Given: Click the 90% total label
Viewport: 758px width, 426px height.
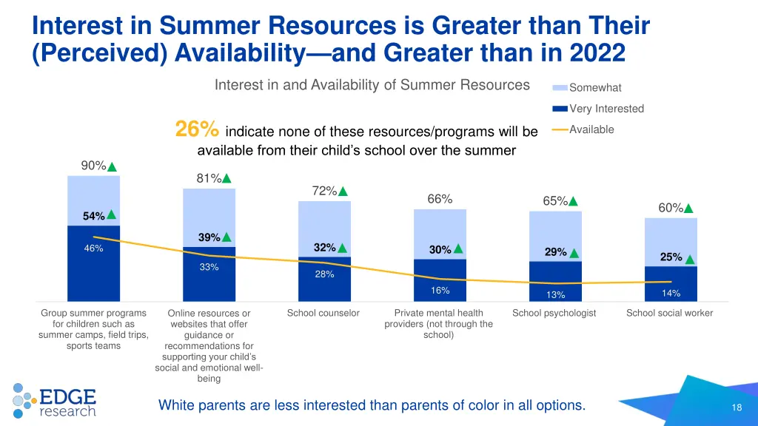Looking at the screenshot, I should click(93, 166).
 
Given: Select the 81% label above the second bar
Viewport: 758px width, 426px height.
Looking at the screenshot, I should click(209, 178).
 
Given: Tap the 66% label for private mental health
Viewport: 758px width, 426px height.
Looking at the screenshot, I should click(440, 199).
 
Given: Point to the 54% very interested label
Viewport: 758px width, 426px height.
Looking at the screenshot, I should click(93, 216).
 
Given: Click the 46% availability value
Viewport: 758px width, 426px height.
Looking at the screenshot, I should click(93, 249).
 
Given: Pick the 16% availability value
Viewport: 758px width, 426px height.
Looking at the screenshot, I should click(440, 291).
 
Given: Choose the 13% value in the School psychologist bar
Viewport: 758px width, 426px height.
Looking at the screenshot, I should click(555, 295).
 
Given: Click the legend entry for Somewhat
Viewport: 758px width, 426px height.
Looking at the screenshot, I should click(595, 88).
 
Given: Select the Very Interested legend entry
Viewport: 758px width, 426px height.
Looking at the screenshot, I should click(606, 109).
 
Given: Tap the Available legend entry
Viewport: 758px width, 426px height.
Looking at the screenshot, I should click(591, 129).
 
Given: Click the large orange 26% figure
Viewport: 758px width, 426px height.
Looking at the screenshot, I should click(197, 130).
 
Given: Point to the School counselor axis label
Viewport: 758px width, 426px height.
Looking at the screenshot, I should click(323, 313).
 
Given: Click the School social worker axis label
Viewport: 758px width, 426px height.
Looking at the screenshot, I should click(669, 313).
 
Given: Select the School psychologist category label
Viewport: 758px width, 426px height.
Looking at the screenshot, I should click(554, 313).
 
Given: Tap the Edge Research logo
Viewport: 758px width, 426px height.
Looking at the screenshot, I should click(55, 401).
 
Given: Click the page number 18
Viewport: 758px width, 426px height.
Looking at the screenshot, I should click(736, 408).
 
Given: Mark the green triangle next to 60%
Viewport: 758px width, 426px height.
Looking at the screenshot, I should click(689, 209).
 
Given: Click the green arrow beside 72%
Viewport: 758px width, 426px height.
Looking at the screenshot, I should click(343, 192).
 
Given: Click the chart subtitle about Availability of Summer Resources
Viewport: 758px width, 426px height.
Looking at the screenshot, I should click(372, 85).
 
